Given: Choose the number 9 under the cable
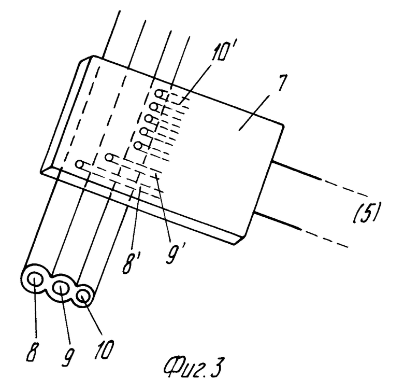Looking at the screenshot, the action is pyautogui.click(x=68, y=356).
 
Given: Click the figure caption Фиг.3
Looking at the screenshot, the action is pyautogui.click(x=193, y=367).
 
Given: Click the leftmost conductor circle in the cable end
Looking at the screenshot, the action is pyautogui.click(x=36, y=280).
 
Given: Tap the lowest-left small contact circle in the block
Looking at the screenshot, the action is pyautogui.click(x=79, y=164).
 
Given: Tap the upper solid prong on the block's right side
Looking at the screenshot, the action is pyautogui.click(x=296, y=170).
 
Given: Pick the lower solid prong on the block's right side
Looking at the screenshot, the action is pyautogui.click(x=277, y=220).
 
